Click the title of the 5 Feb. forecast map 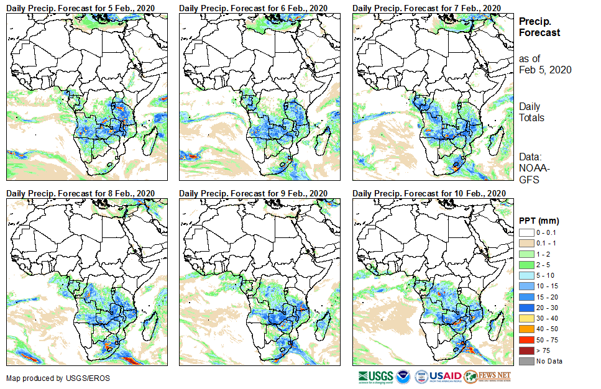click(80, 7)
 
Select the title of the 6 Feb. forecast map click(253, 7)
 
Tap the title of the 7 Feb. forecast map click(426, 7)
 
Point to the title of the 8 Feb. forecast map click(80, 193)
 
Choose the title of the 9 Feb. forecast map click(253, 193)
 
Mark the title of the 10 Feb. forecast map click(428, 193)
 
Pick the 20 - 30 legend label click(548, 307)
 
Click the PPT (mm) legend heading click(539, 221)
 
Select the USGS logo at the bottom click(376, 377)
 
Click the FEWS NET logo click(487, 377)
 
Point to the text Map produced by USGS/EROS click(50, 378)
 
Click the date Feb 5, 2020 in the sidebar click(545, 70)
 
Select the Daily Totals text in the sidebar click(532, 112)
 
